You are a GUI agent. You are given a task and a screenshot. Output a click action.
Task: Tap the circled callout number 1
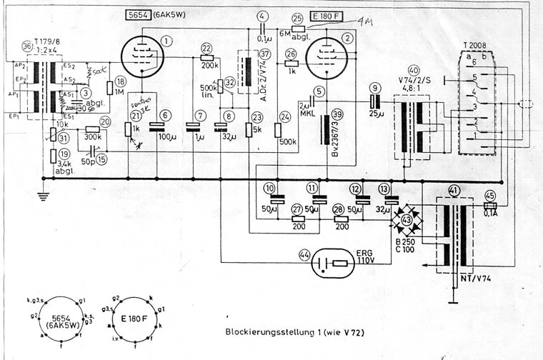(166, 41)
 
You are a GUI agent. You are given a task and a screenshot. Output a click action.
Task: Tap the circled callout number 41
(454, 191)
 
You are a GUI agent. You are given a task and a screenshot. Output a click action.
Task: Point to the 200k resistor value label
(210, 65)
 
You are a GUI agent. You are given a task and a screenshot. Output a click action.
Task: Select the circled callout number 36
(27, 46)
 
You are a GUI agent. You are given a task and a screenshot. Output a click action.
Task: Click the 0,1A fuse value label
(489, 212)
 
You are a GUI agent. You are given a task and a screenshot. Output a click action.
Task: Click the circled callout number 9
(374, 88)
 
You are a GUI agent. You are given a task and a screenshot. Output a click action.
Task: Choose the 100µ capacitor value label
(166, 135)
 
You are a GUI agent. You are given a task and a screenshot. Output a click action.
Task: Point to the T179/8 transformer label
(47, 41)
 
